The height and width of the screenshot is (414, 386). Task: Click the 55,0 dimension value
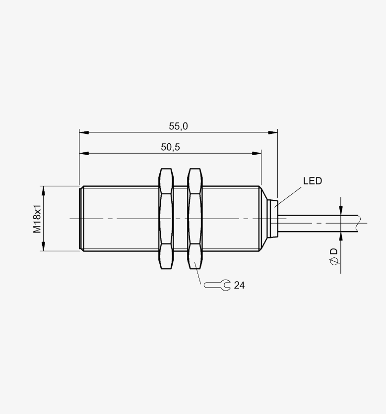tap(178, 126)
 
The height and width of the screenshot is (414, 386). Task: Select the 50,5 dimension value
tap(170, 147)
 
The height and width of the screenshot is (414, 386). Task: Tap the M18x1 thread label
tap(37, 218)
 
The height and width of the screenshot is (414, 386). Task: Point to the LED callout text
tap(313, 181)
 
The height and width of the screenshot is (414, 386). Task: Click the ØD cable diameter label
tap(334, 256)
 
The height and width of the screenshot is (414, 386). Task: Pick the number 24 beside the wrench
tap(239, 286)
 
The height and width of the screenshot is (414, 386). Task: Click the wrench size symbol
tap(217, 285)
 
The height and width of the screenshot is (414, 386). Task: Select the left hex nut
tap(166, 219)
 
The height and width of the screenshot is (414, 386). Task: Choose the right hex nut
tap(195, 219)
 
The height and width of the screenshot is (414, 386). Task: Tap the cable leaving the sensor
tap(317, 224)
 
